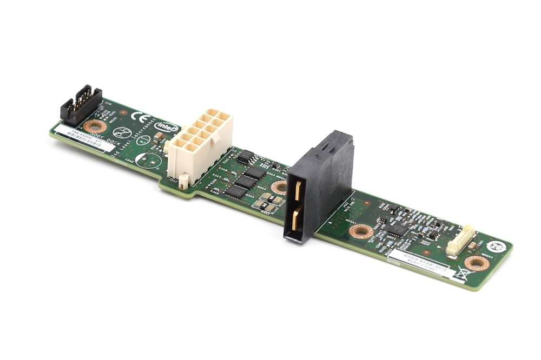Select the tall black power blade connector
319,184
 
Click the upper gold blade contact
298,190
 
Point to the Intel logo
167,126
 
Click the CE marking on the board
141,118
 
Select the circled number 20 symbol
497,247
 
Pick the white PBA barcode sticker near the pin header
81,138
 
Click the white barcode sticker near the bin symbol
420,262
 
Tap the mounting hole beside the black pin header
95,126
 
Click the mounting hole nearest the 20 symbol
477,263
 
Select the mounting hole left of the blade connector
280,188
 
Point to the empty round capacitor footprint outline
148,161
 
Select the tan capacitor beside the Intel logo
158,136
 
